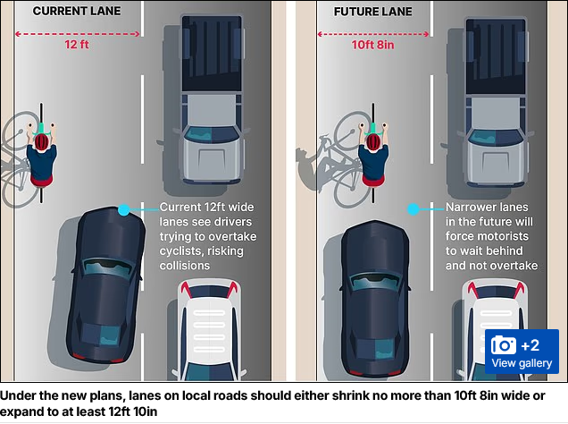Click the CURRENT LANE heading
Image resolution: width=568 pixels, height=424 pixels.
click(77, 11)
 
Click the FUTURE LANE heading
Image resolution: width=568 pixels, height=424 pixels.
click(372, 12)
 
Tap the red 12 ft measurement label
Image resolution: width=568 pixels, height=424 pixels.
click(77, 44)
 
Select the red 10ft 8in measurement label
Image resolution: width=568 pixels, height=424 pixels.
click(372, 45)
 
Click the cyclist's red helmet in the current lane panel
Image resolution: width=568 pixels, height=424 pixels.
click(42, 141)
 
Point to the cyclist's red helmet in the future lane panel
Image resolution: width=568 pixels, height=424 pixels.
click(373, 142)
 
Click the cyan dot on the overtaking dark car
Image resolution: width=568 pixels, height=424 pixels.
click(124, 209)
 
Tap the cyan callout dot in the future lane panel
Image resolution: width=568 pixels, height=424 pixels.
click(413, 209)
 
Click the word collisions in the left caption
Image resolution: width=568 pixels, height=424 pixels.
click(185, 266)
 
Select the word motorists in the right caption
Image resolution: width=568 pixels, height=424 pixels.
click(505, 236)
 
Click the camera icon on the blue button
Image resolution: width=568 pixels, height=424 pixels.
click(504, 345)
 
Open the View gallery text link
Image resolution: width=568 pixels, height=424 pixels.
click(522, 363)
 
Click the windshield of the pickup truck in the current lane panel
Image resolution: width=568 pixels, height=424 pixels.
click(212, 134)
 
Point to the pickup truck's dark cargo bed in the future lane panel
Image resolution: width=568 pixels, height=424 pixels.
click(496, 56)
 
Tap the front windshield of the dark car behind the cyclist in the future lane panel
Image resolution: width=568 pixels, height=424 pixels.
click(375, 282)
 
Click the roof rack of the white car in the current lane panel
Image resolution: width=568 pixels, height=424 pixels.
click(209, 331)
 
